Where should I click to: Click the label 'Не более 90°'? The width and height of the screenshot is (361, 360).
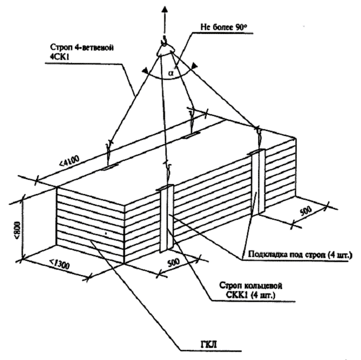(224, 27)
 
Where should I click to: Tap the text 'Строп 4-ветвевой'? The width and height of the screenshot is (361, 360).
(82, 48)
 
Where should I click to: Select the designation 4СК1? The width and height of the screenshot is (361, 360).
(59, 57)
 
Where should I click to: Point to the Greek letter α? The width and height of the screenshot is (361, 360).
(171, 73)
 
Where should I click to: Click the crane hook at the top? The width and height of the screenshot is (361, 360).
(164, 42)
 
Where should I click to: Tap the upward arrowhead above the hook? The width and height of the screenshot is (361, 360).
(164, 9)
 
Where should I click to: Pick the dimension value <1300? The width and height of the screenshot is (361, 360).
(59, 264)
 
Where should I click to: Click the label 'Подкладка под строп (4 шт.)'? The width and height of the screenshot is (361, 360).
(300, 255)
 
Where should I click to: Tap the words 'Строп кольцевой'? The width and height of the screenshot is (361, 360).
(250, 286)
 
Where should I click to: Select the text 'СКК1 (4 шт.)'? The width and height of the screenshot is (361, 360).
(250, 295)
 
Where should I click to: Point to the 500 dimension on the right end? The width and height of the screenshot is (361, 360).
(306, 210)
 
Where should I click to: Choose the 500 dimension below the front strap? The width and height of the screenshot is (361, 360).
(173, 263)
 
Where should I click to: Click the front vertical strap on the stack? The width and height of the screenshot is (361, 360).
(166, 219)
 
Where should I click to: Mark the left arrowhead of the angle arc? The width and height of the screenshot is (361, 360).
(145, 70)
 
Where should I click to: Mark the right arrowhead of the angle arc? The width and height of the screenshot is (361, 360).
(195, 66)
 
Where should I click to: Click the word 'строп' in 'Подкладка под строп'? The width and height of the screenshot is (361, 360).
(315, 255)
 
